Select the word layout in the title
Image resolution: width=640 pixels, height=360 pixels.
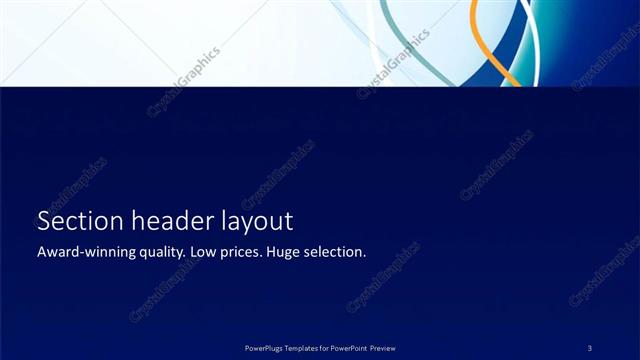click(x=256, y=222)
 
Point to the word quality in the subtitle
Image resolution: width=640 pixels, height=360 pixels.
click(x=159, y=253)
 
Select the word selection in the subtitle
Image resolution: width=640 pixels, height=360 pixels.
click(x=337, y=252)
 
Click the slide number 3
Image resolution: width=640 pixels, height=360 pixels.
click(x=590, y=347)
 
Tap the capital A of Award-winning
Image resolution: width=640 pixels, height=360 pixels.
click(x=41, y=252)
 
